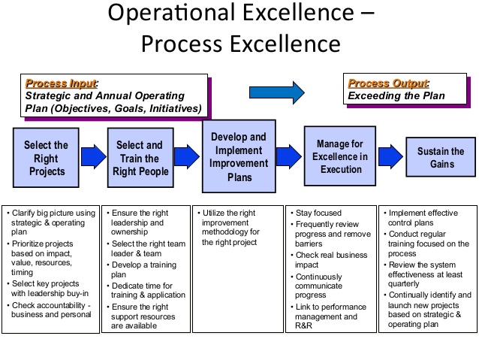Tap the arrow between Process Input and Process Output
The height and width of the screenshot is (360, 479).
(277, 92)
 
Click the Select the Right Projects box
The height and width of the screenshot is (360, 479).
(46, 158)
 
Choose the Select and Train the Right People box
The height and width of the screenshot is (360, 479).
(140, 158)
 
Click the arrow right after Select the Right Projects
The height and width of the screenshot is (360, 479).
(92, 157)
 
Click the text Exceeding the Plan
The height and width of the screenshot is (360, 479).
(396, 96)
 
